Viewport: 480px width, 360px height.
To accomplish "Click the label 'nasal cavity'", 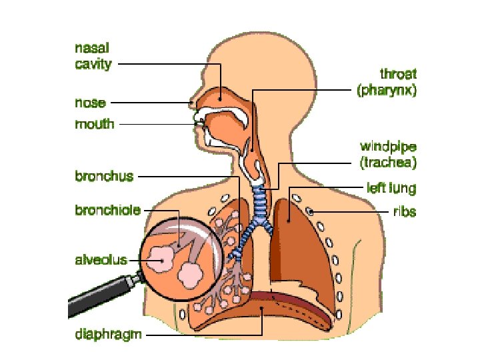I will [x=92, y=56].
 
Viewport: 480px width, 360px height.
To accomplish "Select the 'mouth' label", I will [x=94, y=124].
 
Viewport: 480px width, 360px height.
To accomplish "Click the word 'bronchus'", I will [x=104, y=177].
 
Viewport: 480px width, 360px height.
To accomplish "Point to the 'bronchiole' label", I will [x=107, y=210].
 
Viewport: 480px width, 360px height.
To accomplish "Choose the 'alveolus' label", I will [x=100, y=260].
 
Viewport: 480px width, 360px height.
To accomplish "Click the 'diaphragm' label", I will [x=107, y=334].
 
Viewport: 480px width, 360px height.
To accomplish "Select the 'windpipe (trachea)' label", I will [x=388, y=154].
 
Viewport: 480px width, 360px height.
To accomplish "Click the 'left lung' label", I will [x=392, y=189].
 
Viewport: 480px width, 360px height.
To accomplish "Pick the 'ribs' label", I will [x=404, y=212].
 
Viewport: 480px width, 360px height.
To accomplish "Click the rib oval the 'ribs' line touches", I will [x=311, y=212].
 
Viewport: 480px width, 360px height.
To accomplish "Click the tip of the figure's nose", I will [x=192, y=103].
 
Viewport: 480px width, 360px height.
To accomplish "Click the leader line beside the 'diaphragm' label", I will [x=200, y=334].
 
